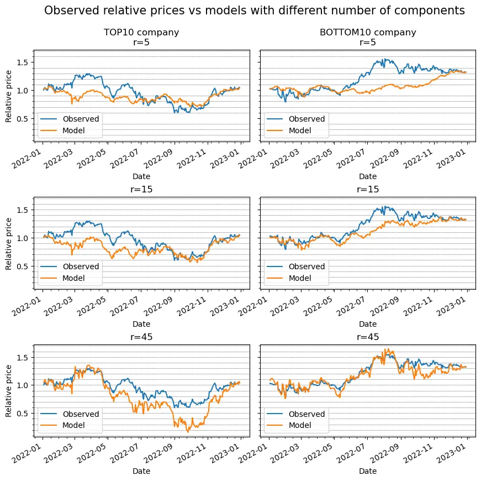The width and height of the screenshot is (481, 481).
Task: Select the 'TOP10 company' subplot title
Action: click(x=141, y=32)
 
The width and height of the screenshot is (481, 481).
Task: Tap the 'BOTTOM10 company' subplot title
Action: click(x=368, y=32)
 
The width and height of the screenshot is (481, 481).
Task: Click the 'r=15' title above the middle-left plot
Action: click(x=141, y=189)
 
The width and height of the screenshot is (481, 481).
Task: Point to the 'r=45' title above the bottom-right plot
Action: click(x=368, y=337)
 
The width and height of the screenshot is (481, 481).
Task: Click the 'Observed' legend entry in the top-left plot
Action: click(x=81, y=119)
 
